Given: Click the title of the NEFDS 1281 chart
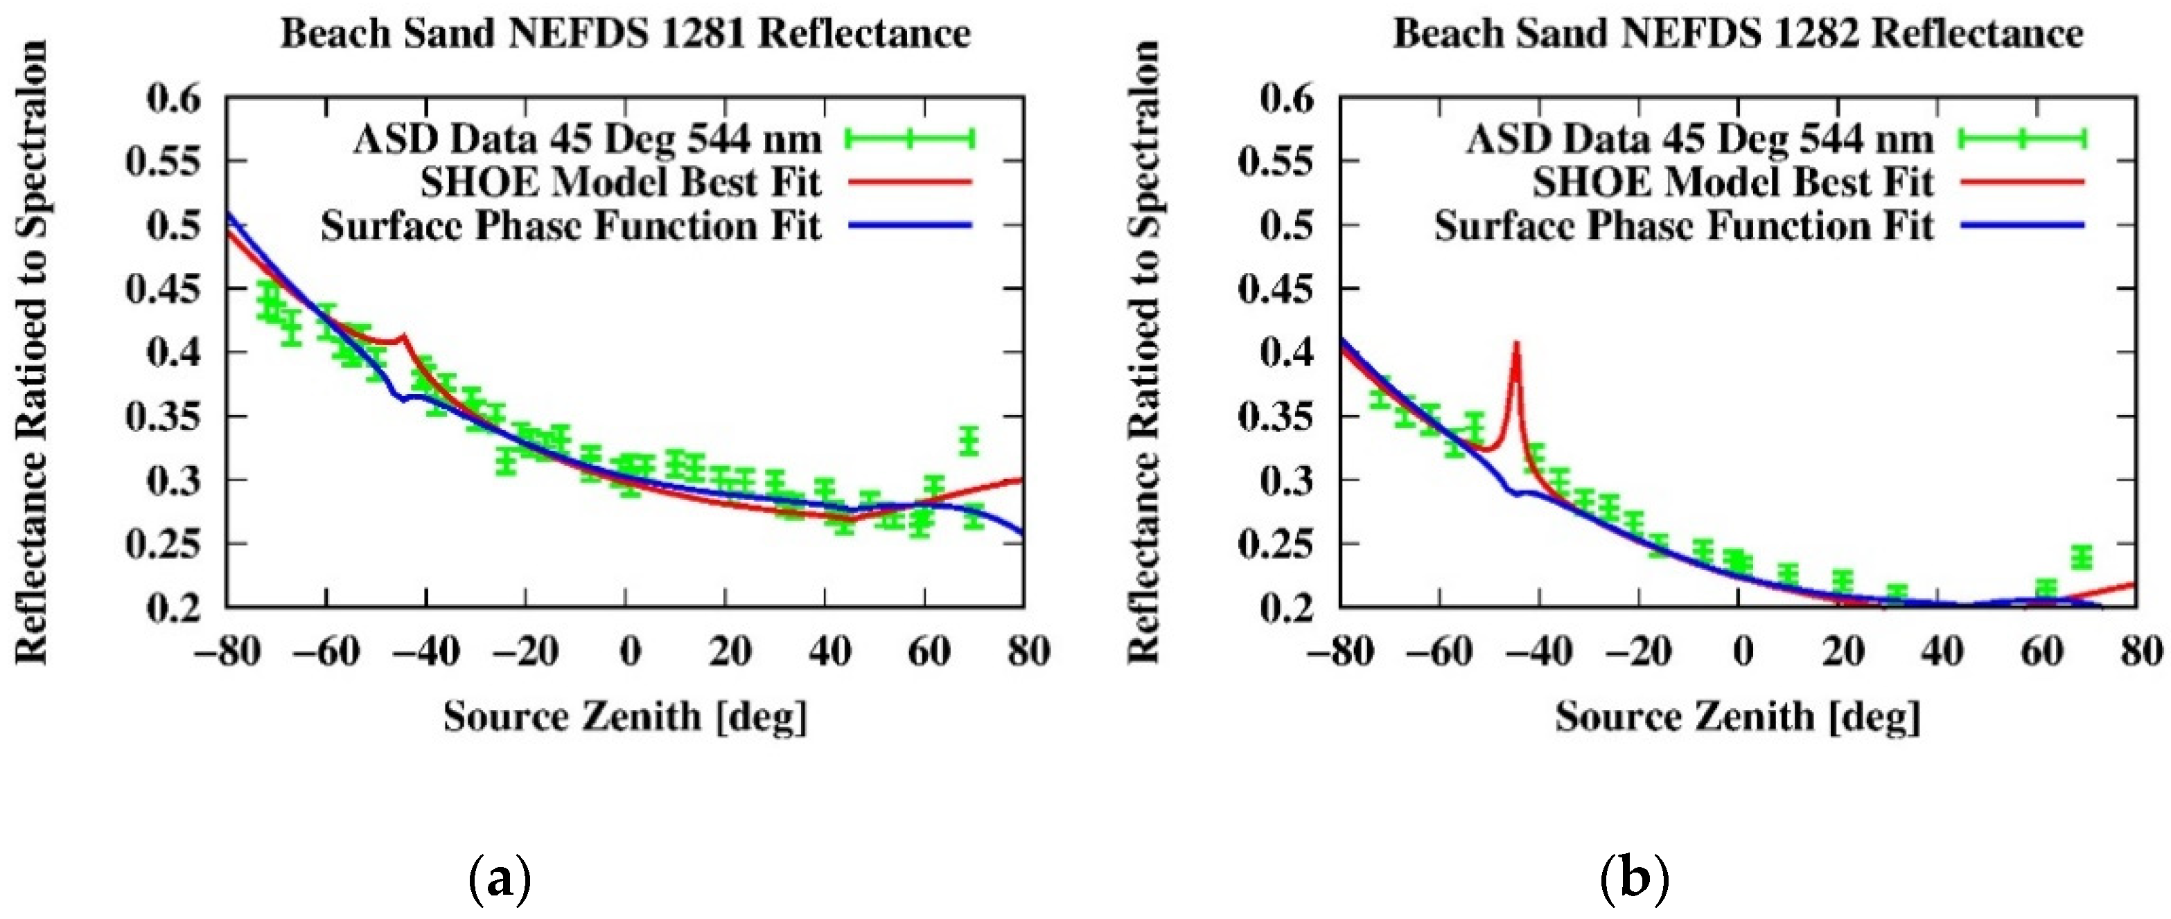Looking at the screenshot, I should (x=624, y=34).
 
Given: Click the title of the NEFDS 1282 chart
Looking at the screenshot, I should (x=1738, y=34).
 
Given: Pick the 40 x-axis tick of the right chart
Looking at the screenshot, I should (x=1942, y=651).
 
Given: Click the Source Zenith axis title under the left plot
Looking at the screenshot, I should (x=624, y=717).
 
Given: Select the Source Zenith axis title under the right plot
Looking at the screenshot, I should (x=1738, y=717).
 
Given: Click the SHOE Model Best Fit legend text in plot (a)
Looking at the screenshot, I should (x=620, y=182).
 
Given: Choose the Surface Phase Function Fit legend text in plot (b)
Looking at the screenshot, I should (x=1684, y=226).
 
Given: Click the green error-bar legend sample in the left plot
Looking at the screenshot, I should (x=911, y=138).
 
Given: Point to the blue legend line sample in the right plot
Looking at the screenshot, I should (x=2023, y=225).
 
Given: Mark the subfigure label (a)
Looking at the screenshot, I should (x=499, y=880).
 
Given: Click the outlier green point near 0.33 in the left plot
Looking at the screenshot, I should (x=970, y=440).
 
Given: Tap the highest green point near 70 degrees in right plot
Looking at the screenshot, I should (x=2082, y=557).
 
